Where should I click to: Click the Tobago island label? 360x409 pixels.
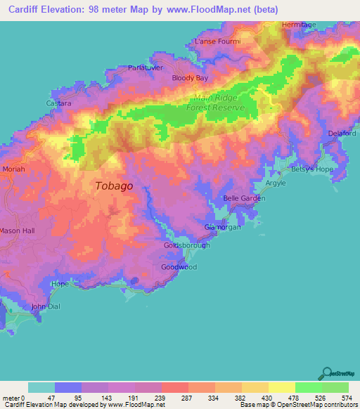tap(113, 186)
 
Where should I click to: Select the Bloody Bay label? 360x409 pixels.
tap(190, 78)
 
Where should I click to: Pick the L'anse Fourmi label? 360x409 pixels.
tap(217, 41)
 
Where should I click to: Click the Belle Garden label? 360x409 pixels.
tap(244, 198)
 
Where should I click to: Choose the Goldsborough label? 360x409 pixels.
tap(186, 245)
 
